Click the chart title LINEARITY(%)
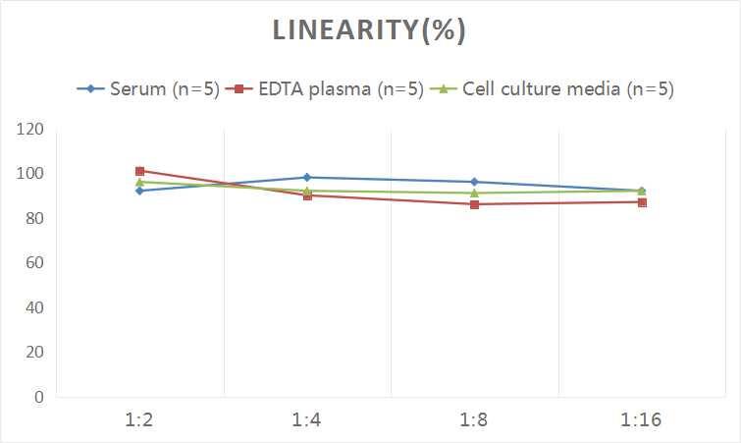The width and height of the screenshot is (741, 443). [369, 30]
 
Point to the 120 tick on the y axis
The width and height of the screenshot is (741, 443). [30, 130]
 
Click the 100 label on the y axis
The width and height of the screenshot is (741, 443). [30, 174]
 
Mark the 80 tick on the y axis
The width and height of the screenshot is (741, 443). [34, 218]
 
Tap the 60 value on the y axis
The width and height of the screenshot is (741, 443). [34, 263]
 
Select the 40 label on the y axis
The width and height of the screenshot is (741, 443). [34, 307]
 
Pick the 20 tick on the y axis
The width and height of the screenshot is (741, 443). [34, 353]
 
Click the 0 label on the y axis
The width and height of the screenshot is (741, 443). [38, 397]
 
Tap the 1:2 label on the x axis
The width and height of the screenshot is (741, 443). [139, 420]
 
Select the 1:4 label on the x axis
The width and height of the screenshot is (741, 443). [307, 420]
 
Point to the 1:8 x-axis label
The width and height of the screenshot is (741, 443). [474, 420]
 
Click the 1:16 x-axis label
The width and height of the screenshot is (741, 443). [642, 420]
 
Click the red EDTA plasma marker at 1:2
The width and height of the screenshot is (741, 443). [139, 171]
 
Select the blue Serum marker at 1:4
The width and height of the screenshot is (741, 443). [307, 178]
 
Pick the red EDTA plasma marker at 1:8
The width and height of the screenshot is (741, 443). [474, 204]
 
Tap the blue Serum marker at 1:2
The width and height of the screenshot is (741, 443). [139, 191]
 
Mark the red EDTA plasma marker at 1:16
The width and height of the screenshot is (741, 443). [642, 202]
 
